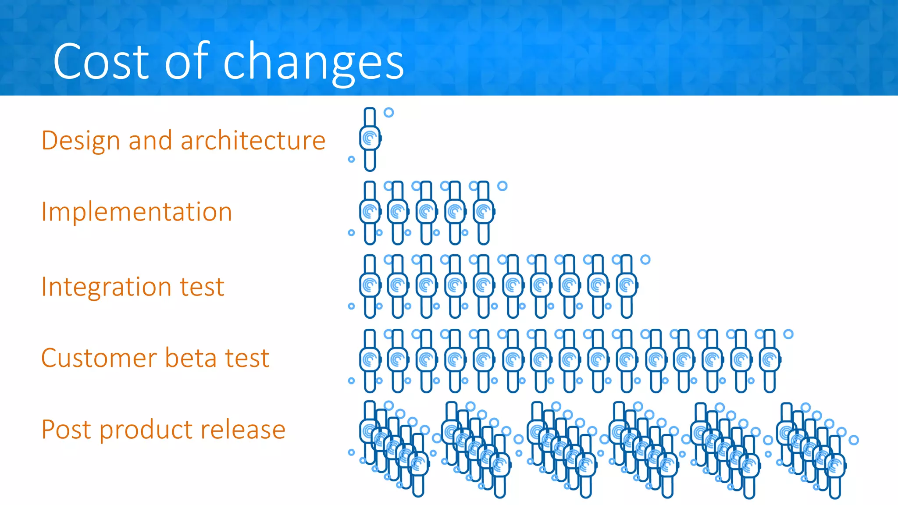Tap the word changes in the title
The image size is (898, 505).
pos(314,63)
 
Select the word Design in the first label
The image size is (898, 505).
pos(81,141)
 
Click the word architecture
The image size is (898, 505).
pos(253,141)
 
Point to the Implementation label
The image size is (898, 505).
pos(136,212)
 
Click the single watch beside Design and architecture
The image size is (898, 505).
pos(370,139)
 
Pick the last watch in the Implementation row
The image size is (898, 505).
pos(484,213)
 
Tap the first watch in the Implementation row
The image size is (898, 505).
pos(370,213)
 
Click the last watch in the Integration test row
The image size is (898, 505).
pos(627,286)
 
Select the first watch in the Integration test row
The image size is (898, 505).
pos(370,286)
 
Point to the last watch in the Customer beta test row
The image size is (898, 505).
pos(770,360)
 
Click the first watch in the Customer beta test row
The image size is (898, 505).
pos(370,360)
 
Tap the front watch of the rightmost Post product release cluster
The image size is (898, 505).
pos(835,466)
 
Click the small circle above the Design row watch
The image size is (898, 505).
pos(388,112)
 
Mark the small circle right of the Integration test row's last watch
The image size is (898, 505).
pos(645,260)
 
